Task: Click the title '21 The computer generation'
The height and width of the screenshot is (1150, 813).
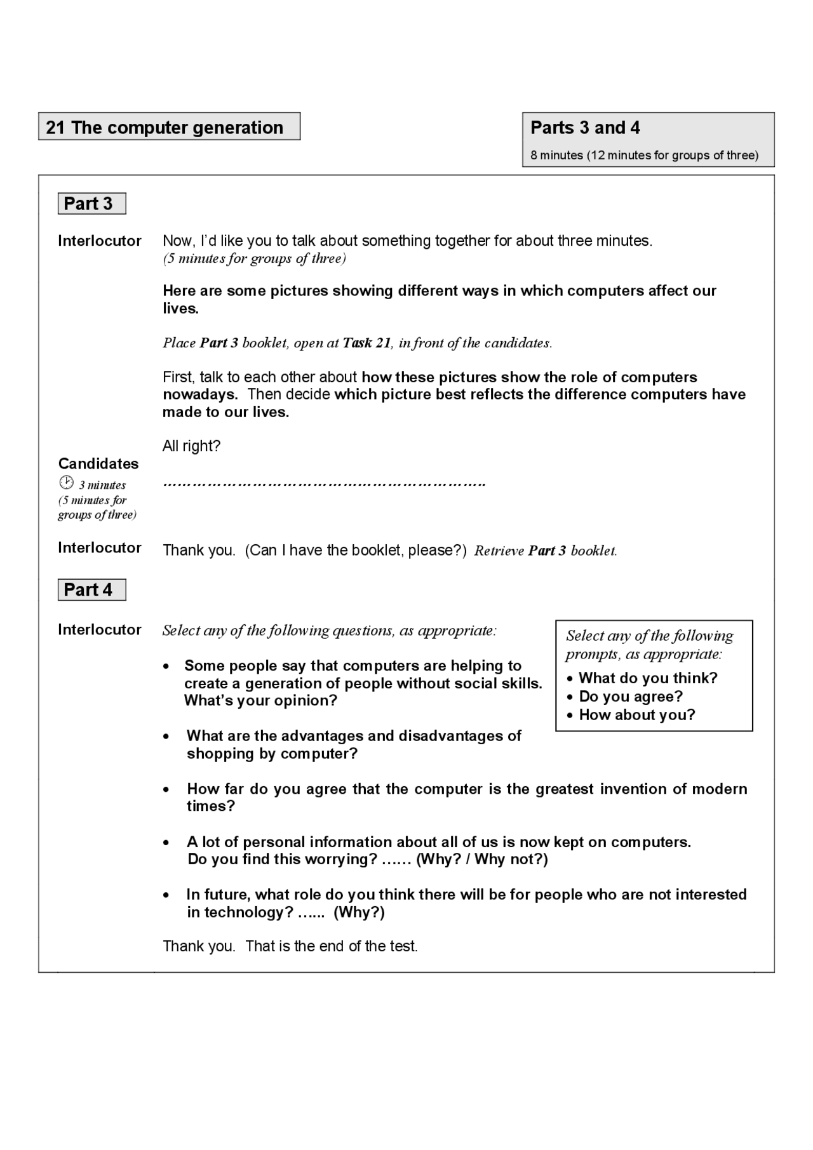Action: coord(165,128)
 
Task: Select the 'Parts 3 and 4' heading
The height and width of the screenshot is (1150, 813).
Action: coord(585,128)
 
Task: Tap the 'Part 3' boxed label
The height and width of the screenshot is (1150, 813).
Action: coord(88,204)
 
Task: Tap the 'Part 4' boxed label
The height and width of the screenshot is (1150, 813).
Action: coord(88,590)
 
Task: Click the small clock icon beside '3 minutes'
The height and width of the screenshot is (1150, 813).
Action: coord(66,482)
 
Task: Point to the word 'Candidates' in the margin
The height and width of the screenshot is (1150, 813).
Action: coord(98,464)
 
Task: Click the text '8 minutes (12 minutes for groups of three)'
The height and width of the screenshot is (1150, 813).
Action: coord(644,156)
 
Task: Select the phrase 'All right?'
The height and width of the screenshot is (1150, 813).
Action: coord(191,446)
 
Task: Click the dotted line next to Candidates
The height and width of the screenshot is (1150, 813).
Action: coord(324,485)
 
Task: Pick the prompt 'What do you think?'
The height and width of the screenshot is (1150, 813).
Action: coord(648,678)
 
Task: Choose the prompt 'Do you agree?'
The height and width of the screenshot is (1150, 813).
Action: coord(631,697)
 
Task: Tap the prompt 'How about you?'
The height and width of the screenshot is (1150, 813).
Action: coord(637,715)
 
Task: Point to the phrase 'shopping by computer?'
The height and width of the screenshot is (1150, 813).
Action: coord(272,754)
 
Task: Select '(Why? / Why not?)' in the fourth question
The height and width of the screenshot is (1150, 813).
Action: coord(482,860)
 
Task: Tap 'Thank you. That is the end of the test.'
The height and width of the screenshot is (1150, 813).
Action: coord(290,946)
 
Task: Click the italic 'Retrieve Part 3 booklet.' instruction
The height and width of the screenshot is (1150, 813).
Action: coord(546,551)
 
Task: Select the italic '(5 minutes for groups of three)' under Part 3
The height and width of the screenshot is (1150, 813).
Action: coord(254,258)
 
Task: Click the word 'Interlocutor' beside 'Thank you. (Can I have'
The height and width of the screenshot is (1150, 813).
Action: coord(99,548)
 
